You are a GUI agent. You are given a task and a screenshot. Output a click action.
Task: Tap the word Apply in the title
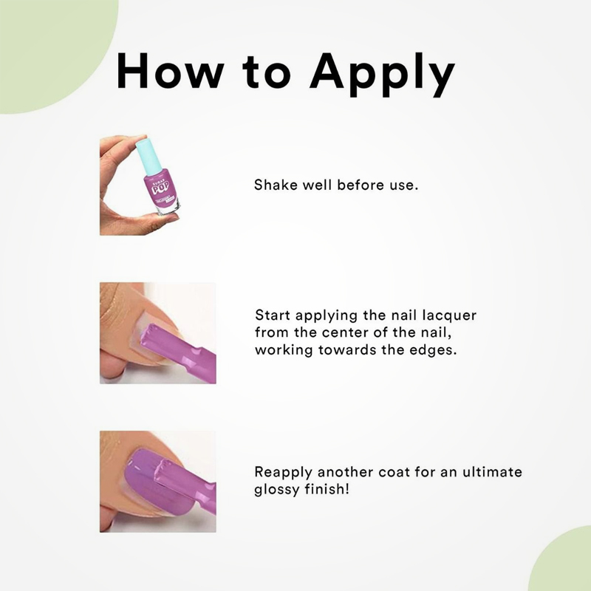point(382,75)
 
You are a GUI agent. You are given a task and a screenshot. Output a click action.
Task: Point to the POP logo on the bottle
point(159,188)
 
